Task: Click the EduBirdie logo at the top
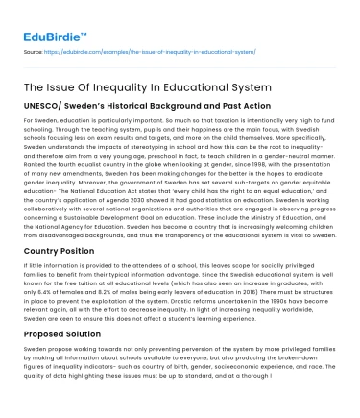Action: (x=50, y=20)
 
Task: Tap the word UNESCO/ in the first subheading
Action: (x=45, y=111)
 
